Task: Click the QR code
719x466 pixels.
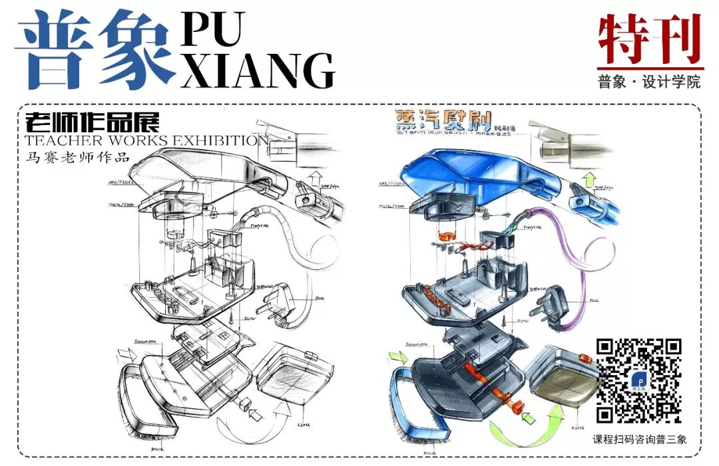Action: tap(638, 380)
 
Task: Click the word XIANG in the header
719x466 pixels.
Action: tap(257, 70)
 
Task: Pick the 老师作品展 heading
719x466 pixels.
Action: tap(93, 123)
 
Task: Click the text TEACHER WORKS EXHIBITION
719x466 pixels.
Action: tap(146, 140)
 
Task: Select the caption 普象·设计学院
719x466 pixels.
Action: tap(649, 82)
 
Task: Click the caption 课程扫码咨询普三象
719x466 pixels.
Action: tap(639, 439)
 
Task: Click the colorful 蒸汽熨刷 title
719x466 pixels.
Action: tap(443, 120)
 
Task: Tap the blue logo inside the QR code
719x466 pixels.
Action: tap(638, 381)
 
